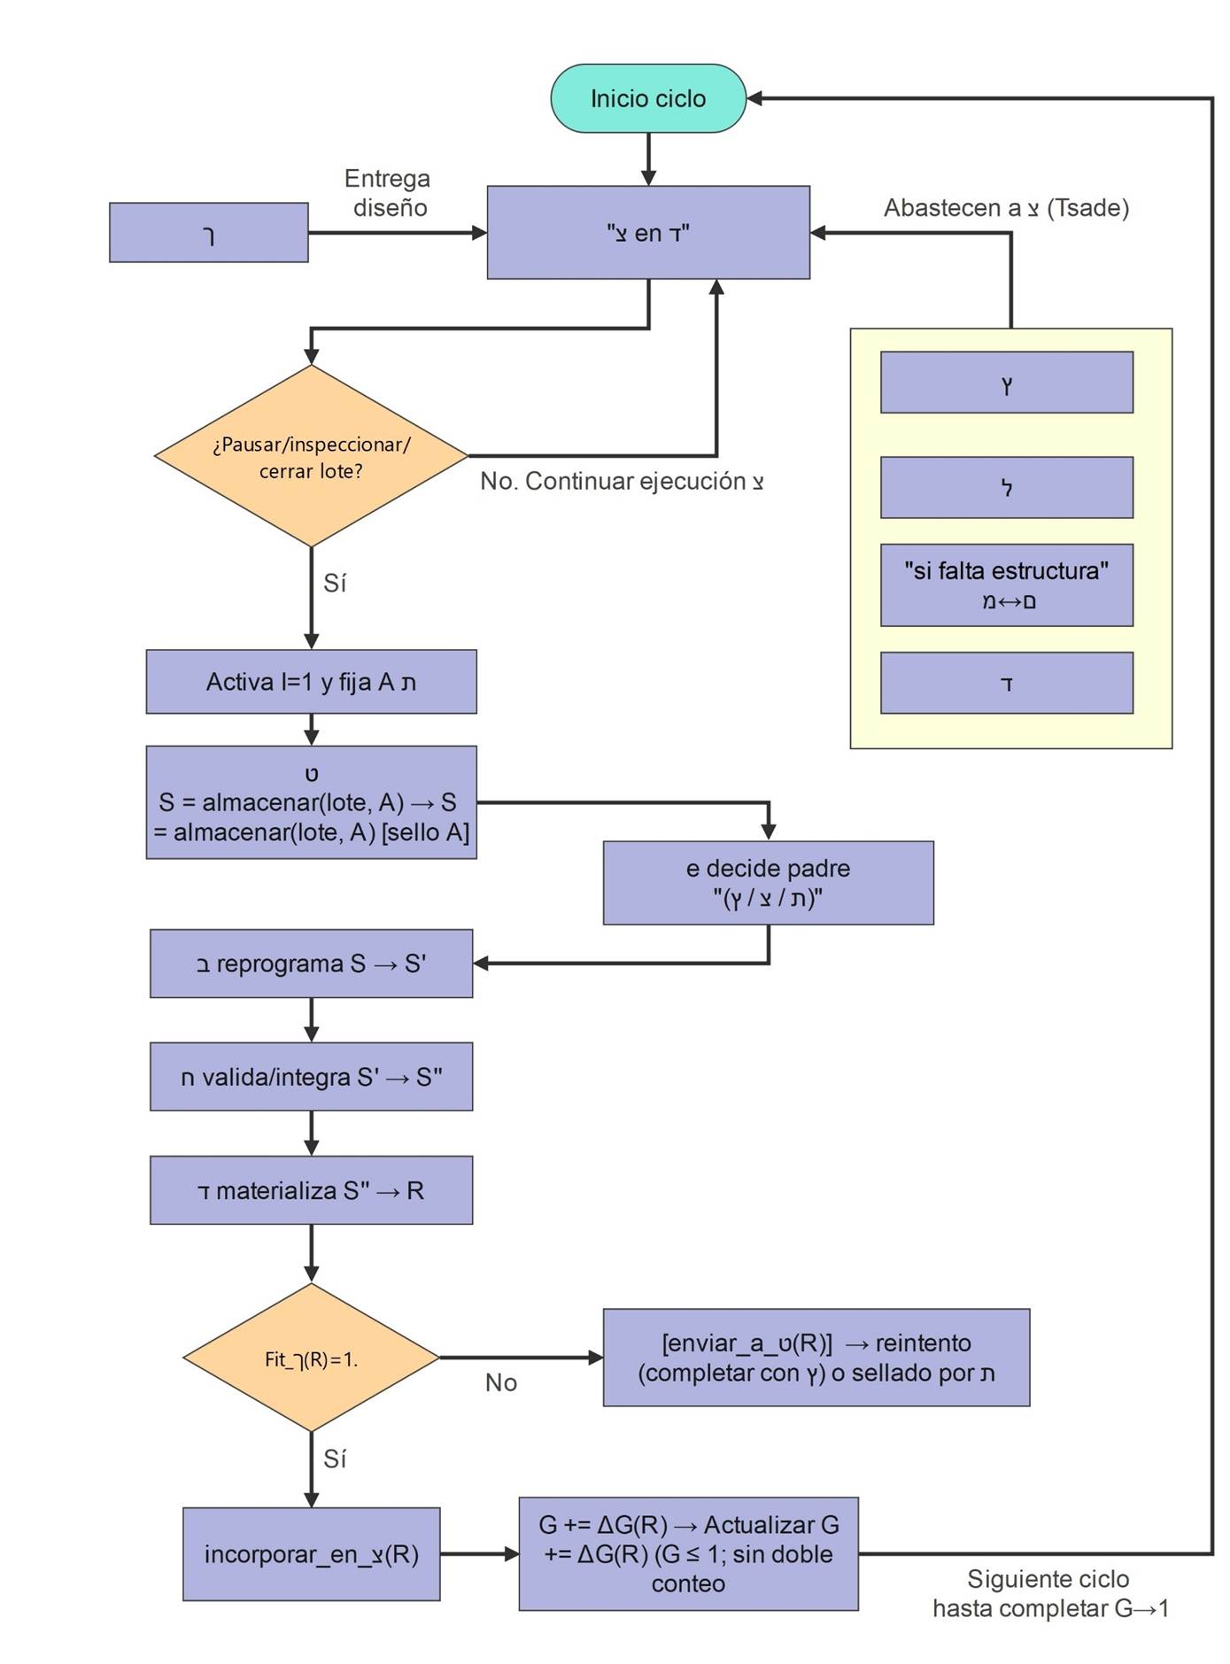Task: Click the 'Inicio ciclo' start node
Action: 647,98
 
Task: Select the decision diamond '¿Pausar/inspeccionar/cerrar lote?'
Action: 311,456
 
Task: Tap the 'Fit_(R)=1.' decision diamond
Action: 311,1358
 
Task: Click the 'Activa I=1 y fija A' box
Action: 311,682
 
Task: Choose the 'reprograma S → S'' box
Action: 311,964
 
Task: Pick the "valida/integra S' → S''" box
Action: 311,1077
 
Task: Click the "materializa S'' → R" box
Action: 311,1190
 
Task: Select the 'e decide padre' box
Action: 768,883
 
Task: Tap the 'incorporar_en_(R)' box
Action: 311,1554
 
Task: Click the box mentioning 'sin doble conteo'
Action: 688,1554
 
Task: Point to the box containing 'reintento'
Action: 816,1358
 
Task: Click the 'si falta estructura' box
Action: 1006,585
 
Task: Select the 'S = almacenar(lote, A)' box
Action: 311,802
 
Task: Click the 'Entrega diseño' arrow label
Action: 388,193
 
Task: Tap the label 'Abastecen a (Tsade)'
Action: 1006,208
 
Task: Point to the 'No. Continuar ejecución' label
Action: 622,482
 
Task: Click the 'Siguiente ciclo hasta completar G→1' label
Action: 1049,1593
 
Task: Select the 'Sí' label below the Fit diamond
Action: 335,1459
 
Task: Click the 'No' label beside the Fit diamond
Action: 500,1382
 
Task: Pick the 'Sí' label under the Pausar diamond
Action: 335,583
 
